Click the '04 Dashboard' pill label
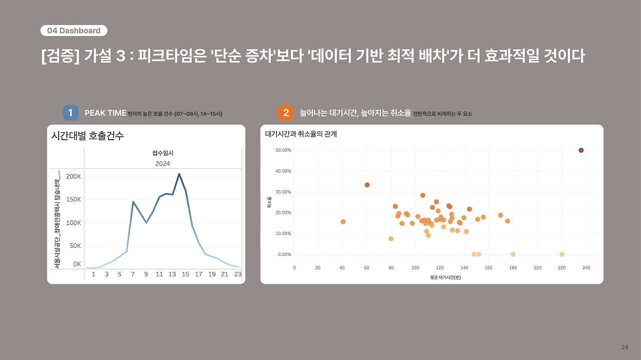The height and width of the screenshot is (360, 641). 74,31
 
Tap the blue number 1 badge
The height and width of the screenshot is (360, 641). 70,113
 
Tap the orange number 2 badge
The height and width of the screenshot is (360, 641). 285,113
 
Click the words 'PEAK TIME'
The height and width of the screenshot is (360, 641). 105,113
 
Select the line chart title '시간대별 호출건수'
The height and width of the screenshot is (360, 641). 88,136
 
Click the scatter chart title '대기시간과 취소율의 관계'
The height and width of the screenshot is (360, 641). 301,134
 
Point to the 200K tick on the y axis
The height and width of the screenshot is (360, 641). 73,177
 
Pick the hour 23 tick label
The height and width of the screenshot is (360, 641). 237,274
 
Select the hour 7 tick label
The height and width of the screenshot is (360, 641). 133,274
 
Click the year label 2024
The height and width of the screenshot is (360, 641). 162,164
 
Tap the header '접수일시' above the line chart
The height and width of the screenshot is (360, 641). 162,153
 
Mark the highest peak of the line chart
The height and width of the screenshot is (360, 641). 179,174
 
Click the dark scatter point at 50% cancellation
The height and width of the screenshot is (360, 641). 581,150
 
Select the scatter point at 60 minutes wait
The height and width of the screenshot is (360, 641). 367,185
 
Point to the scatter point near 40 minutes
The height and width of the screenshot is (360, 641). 343,222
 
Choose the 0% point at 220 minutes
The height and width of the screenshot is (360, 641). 562,254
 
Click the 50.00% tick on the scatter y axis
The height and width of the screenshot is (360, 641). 283,150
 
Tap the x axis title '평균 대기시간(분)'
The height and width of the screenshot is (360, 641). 445,277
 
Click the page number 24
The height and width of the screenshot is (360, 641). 624,347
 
